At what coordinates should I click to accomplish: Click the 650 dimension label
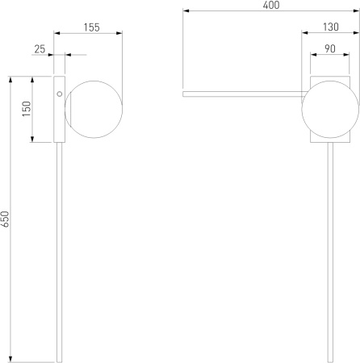[x=5, y=219]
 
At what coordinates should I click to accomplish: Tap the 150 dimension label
[x=27, y=109]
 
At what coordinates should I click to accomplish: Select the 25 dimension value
[x=40, y=49]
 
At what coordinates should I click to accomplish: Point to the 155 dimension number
[x=91, y=27]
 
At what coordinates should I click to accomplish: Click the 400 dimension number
[x=271, y=5]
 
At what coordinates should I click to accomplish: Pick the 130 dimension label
[x=331, y=27]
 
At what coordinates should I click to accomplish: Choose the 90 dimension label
[x=330, y=48]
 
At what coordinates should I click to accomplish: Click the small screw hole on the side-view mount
[x=60, y=94]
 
